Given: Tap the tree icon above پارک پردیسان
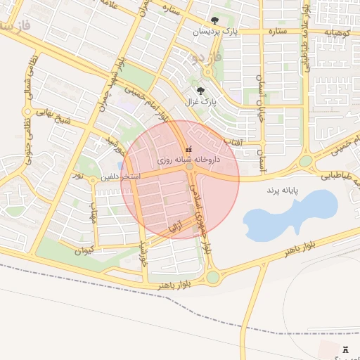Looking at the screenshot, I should (x=214, y=20).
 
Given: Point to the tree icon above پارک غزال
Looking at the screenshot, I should (x=201, y=90).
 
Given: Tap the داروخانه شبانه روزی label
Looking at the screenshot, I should (x=184, y=160).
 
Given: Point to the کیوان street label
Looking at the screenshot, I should (x=84, y=250).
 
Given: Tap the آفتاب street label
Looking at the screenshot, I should (x=233, y=141).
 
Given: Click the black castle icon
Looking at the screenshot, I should (x=345, y=349).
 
